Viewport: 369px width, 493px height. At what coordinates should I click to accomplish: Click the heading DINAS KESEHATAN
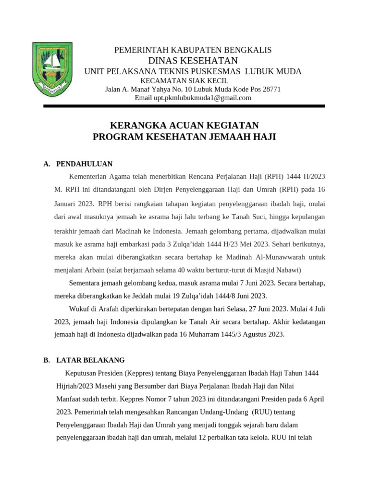coord(193,60)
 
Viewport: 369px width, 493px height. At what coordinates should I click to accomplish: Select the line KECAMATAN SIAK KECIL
coord(184,80)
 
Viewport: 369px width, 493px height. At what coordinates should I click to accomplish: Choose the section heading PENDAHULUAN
coord(85,164)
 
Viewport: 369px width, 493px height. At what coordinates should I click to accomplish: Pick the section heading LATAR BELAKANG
coord(90,360)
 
